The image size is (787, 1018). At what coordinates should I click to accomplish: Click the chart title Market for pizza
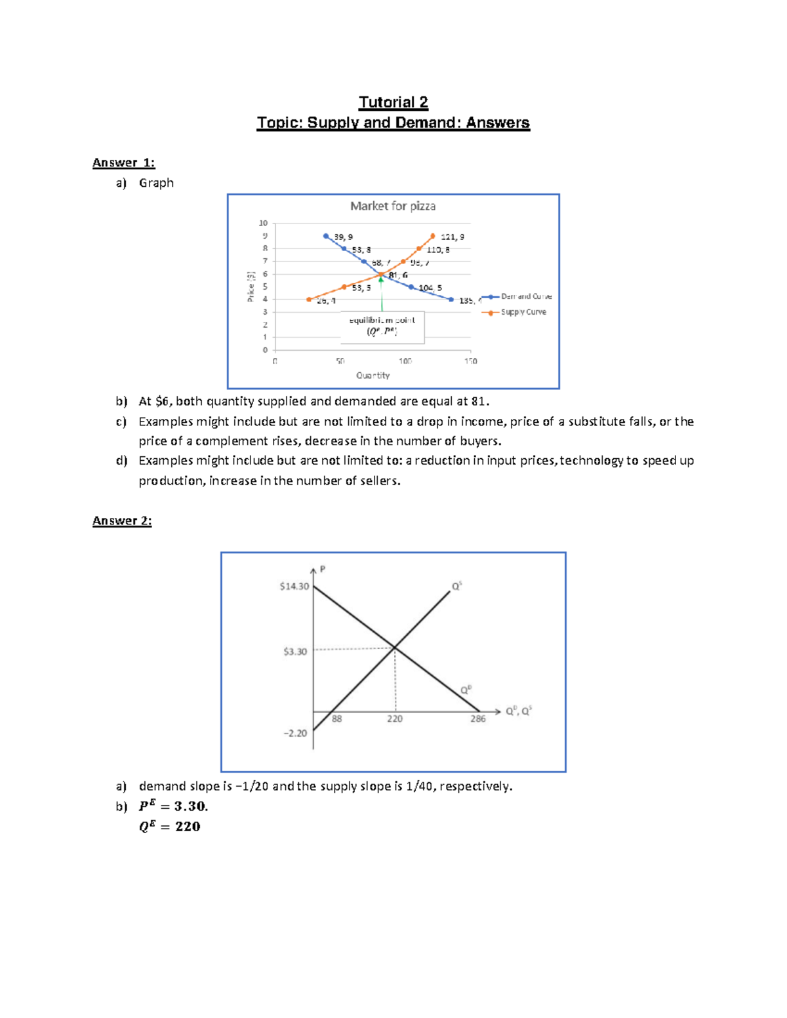[393, 206]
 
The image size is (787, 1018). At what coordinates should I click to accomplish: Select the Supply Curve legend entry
[523, 312]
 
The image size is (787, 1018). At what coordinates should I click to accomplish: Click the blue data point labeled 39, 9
[326, 236]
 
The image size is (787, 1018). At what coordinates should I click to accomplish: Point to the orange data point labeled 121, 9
[433, 236]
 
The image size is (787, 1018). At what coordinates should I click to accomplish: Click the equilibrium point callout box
[382, 326]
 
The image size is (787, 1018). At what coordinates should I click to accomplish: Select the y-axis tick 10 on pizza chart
[263, 224]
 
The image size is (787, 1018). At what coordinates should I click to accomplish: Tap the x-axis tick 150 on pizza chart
[470, 361]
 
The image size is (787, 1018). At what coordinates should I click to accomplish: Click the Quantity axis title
[373, 376]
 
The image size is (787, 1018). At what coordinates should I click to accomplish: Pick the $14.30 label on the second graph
[294, 586]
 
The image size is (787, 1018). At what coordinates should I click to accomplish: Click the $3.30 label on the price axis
[295, 652]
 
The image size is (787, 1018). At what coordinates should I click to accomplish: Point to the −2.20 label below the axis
[295, 733]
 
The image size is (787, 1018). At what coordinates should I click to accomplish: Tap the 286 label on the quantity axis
[478, 719]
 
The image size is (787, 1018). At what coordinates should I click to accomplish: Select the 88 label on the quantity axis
[336, 719]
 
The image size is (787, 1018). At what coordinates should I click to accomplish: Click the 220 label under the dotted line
[395, 719]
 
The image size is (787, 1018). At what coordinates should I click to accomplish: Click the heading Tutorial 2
[393, 102]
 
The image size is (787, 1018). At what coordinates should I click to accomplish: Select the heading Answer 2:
[122, 520]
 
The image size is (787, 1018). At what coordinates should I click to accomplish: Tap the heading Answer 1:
[123, 163]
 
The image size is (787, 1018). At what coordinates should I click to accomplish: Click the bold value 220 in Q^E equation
[188, 827]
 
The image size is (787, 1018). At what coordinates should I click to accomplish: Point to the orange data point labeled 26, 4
[309, 300]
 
